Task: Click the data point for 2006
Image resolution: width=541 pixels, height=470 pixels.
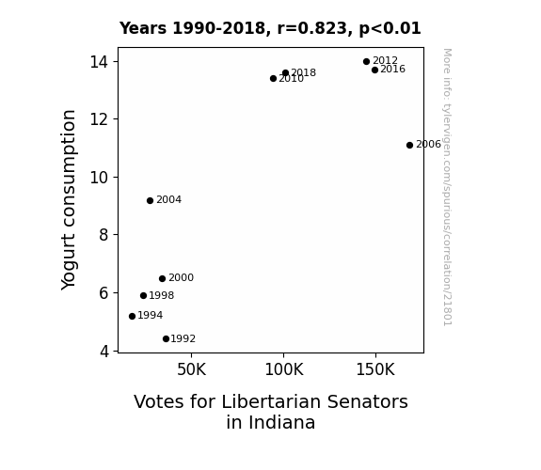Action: point(409,145)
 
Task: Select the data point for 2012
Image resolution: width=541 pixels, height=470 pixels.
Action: point(366,62)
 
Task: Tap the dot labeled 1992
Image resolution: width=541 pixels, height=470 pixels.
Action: point(166,339)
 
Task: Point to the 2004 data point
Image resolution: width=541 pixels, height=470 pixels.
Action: point(150,200)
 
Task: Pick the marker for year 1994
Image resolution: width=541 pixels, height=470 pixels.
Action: point(132,316)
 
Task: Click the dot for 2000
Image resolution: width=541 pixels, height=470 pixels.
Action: point(162,278)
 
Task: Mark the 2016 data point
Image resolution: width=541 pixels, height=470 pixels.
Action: point(374,70)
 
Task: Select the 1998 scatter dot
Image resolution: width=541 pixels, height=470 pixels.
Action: point(144,295)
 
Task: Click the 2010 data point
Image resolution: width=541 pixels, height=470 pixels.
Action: point(273,79)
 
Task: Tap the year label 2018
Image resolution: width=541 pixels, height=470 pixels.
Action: point(303,72)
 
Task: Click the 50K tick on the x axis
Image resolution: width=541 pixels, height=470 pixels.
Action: point(192,369)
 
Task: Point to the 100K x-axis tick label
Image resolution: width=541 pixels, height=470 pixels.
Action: point(284,369)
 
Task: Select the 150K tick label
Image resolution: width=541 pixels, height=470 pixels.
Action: point(375,369)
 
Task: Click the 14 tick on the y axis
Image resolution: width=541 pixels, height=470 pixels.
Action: point(99,62)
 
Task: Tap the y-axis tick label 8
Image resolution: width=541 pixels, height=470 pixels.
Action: point(103,235)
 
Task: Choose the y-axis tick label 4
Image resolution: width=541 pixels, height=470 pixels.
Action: point(104,351)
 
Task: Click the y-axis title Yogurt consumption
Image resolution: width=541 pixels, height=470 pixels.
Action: point(69,200)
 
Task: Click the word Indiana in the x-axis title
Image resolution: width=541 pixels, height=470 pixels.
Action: point(271,422)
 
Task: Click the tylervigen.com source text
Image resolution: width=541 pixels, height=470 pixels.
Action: point(448,187)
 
